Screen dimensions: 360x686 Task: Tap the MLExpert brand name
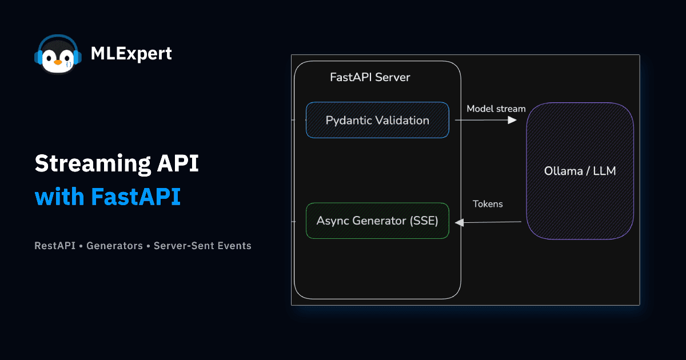coord(131,54)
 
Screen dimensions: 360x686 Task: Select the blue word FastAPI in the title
coord(135,197)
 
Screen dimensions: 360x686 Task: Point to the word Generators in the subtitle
coord(114,246)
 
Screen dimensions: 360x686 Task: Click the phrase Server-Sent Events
coord(202,246)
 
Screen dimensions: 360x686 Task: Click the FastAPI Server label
coord(370,77)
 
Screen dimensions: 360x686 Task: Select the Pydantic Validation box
coord(377,120)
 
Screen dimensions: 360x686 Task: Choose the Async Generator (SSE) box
coord(377,221)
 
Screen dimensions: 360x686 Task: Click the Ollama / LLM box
coord(580,171)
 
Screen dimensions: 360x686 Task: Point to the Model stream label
coord(496,109)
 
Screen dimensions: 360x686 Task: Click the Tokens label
coord(488,204)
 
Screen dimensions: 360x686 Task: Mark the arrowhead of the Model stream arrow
coord(513,120)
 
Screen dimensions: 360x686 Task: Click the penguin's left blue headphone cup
coord(39,57)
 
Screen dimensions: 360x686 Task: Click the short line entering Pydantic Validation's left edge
coord(298,120)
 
